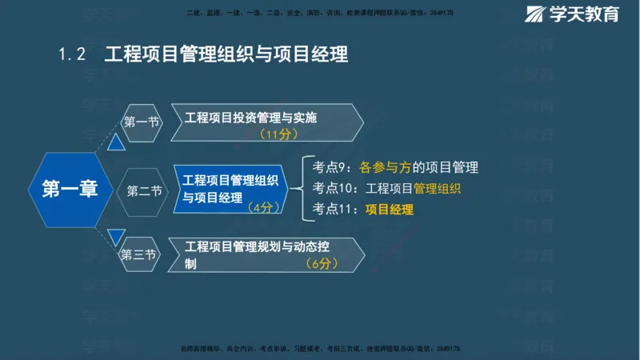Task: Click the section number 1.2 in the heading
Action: (71, 54)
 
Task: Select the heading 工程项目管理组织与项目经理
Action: (226, 54)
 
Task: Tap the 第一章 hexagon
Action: (69, 190)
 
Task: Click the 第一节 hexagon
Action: (141, 122)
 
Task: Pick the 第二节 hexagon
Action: (144, 190)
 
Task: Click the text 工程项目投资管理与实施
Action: (250, 118)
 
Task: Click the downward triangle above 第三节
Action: (117, 237)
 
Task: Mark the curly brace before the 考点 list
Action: (297, 189)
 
